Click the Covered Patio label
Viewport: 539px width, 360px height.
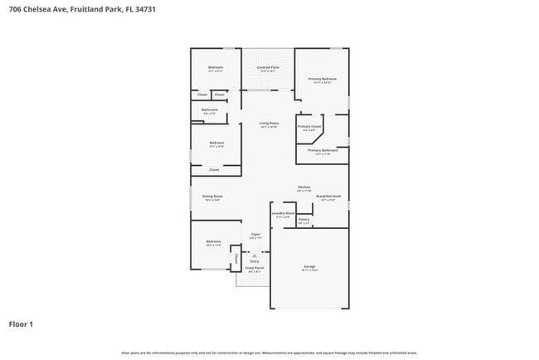268,67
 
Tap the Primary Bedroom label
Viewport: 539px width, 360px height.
322,79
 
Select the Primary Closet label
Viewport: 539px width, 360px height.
309,126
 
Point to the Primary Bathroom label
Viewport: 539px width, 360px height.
323,150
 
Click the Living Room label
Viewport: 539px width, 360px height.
269,123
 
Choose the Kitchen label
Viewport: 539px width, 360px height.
304,187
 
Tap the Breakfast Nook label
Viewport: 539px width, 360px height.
328,197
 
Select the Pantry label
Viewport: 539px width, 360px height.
303,220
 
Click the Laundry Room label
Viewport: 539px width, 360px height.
284,213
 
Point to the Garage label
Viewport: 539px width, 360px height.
308,266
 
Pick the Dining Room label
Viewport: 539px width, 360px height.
212,197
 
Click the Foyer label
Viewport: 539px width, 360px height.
256,235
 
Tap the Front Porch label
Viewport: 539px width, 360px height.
255,268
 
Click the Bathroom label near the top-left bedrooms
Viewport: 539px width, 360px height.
210,109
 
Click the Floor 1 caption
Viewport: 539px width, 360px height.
21,324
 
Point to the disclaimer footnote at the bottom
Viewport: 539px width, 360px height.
269,353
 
